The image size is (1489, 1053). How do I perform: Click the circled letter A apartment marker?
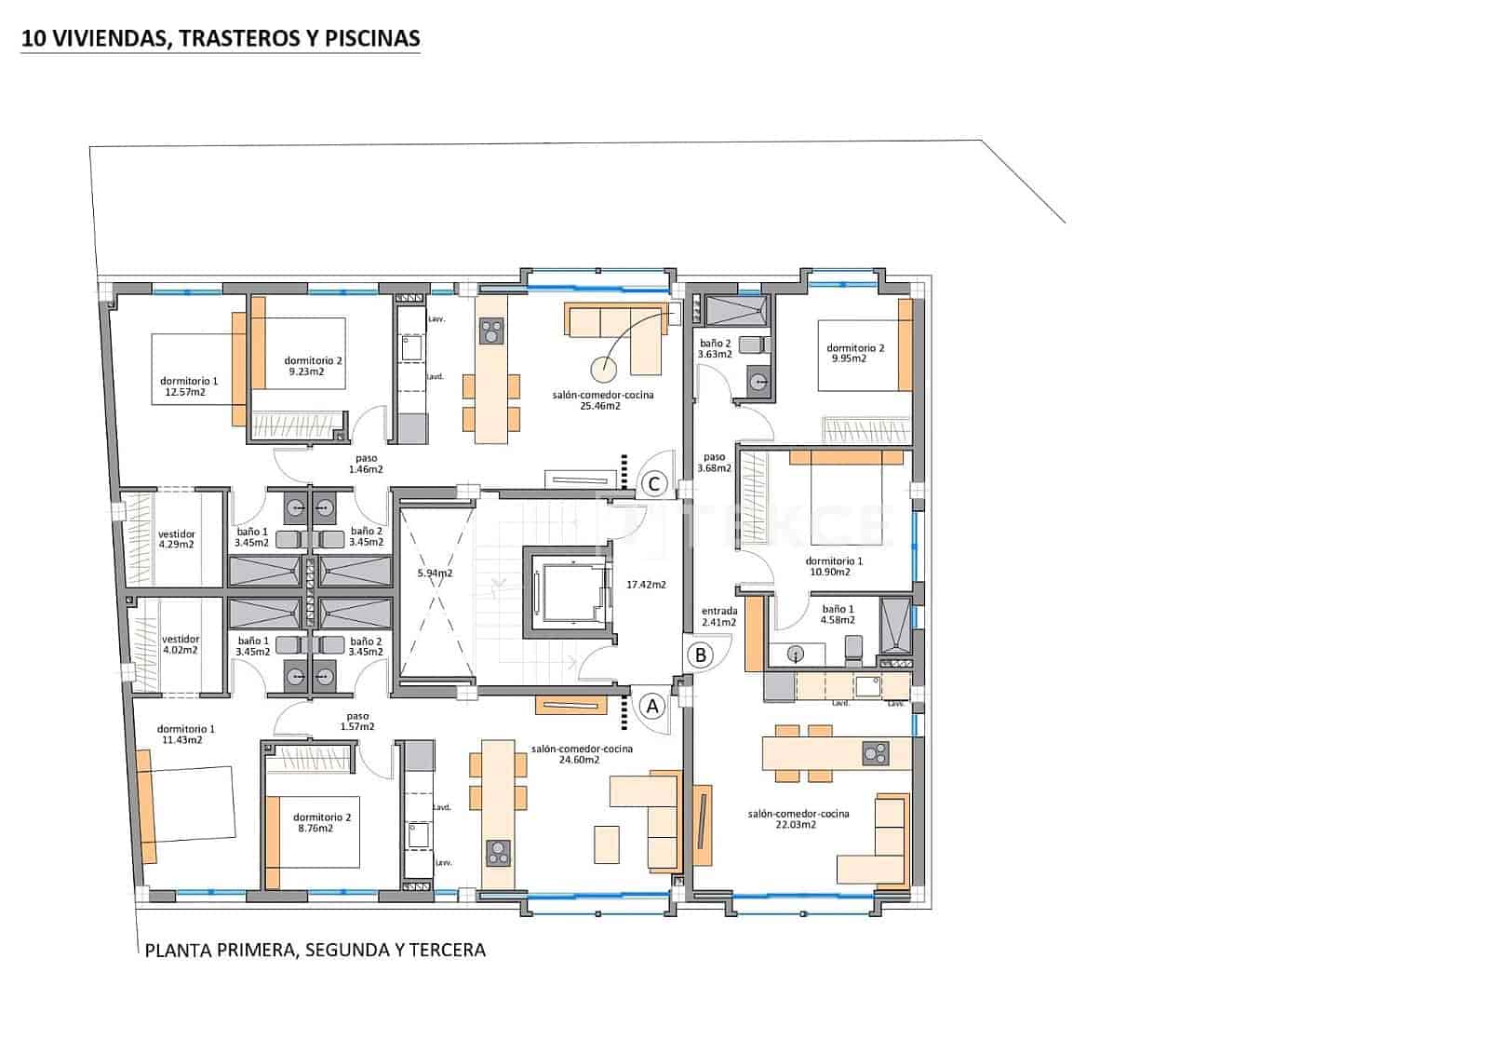[x=652, y=707]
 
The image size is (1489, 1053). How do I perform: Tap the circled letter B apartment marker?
[x=701, y=655]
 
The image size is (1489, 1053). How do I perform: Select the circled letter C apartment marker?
[x=654, y=483]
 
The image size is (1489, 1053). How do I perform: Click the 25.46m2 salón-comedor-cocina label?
[x=602, y=400]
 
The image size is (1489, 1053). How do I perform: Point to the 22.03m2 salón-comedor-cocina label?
[x=798, y=819]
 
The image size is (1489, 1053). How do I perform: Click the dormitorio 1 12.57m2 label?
[x=189, y=386]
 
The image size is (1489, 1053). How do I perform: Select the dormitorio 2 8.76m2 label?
[x=321, y=822]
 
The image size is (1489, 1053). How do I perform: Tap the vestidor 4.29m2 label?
[x=177, y=539]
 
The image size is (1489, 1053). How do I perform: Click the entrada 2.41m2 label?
[x=719, y=616]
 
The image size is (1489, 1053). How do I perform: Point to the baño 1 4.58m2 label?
[x=838, y=614]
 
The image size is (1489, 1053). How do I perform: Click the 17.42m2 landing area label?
[x=646, y=585]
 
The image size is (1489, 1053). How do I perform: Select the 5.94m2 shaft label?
[x=435, y=573]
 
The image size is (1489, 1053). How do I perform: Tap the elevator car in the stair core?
[x=569, y=592]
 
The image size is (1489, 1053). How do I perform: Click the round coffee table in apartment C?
[x=602, y=370]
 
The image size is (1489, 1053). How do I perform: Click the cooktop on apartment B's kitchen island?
[x=875, y=752]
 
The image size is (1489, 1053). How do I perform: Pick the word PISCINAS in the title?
[x=380, y=38]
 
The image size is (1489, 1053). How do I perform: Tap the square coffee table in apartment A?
[x=606, y=844]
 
